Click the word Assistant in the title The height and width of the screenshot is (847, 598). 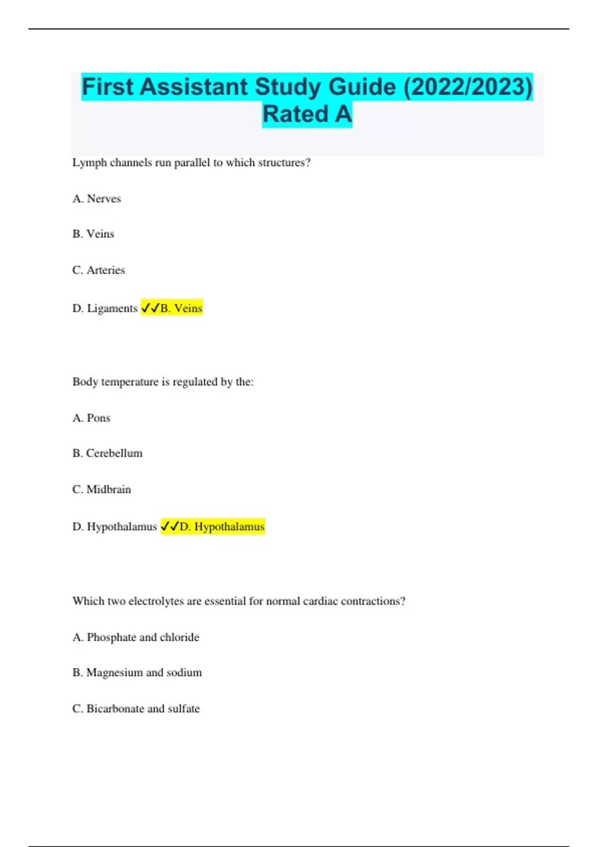(194, 87)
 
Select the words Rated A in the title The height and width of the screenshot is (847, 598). (307, 114)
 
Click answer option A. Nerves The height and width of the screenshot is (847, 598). (97, 199)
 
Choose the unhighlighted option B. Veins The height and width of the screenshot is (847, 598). (93, 234)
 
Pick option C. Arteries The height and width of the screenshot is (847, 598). (99, 270)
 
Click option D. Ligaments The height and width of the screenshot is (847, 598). (105, 308)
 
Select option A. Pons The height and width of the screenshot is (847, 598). (91, 418)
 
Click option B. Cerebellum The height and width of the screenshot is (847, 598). (107, 453)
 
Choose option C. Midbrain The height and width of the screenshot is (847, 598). (102, 489)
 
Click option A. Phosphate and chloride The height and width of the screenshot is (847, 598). (136, 637)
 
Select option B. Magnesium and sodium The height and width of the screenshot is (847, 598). (137, 673)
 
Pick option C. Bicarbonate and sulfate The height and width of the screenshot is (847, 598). (136, 708)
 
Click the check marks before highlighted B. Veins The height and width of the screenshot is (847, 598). (150, 308)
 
